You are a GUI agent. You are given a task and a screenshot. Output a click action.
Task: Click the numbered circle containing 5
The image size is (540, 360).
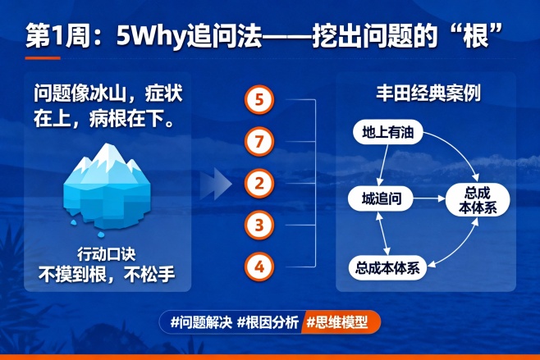[x=259, y=101]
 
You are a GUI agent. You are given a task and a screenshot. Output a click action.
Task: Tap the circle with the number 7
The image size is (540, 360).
[x=259, y=142]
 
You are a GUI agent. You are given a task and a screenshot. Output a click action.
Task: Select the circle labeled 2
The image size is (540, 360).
[x=259, y=183]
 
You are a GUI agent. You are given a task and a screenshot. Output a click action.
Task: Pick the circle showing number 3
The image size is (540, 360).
[x=259, y=224]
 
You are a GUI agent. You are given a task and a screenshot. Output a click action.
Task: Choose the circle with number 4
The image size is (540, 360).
[x=259, y=266]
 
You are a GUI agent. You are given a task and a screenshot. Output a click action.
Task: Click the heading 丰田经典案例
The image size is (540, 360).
[x=426, y=93]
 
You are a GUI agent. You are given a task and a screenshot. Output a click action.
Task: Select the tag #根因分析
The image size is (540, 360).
[x=268, y=321]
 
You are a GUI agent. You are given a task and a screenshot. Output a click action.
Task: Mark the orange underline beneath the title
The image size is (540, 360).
[x=43, y=57]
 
